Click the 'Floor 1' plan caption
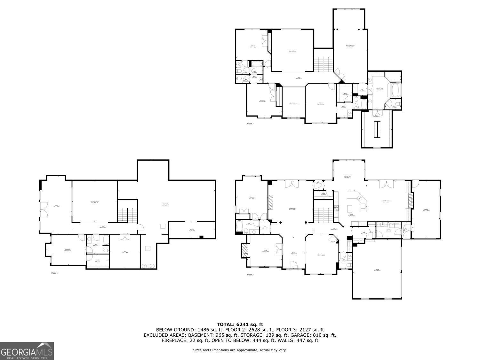click(x=55, y=273)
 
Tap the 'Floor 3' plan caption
click(x=250, y=123)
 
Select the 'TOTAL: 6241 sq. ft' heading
click(x=240, y=324)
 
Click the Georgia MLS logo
click(x=27, y=351)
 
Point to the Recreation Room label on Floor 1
click(x=95, y=202)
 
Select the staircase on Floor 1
click(x=127, y=214)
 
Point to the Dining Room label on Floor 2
click(x=321, y=255)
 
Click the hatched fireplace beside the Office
click(x=245, y=251)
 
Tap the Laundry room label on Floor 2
click(x=388, y=230)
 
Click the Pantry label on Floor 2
click(x=323, y=194)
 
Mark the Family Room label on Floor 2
click(x=386, y=202)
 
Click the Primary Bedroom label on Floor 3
click(x=350, y=46)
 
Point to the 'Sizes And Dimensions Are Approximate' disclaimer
click(x=240, y=350)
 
